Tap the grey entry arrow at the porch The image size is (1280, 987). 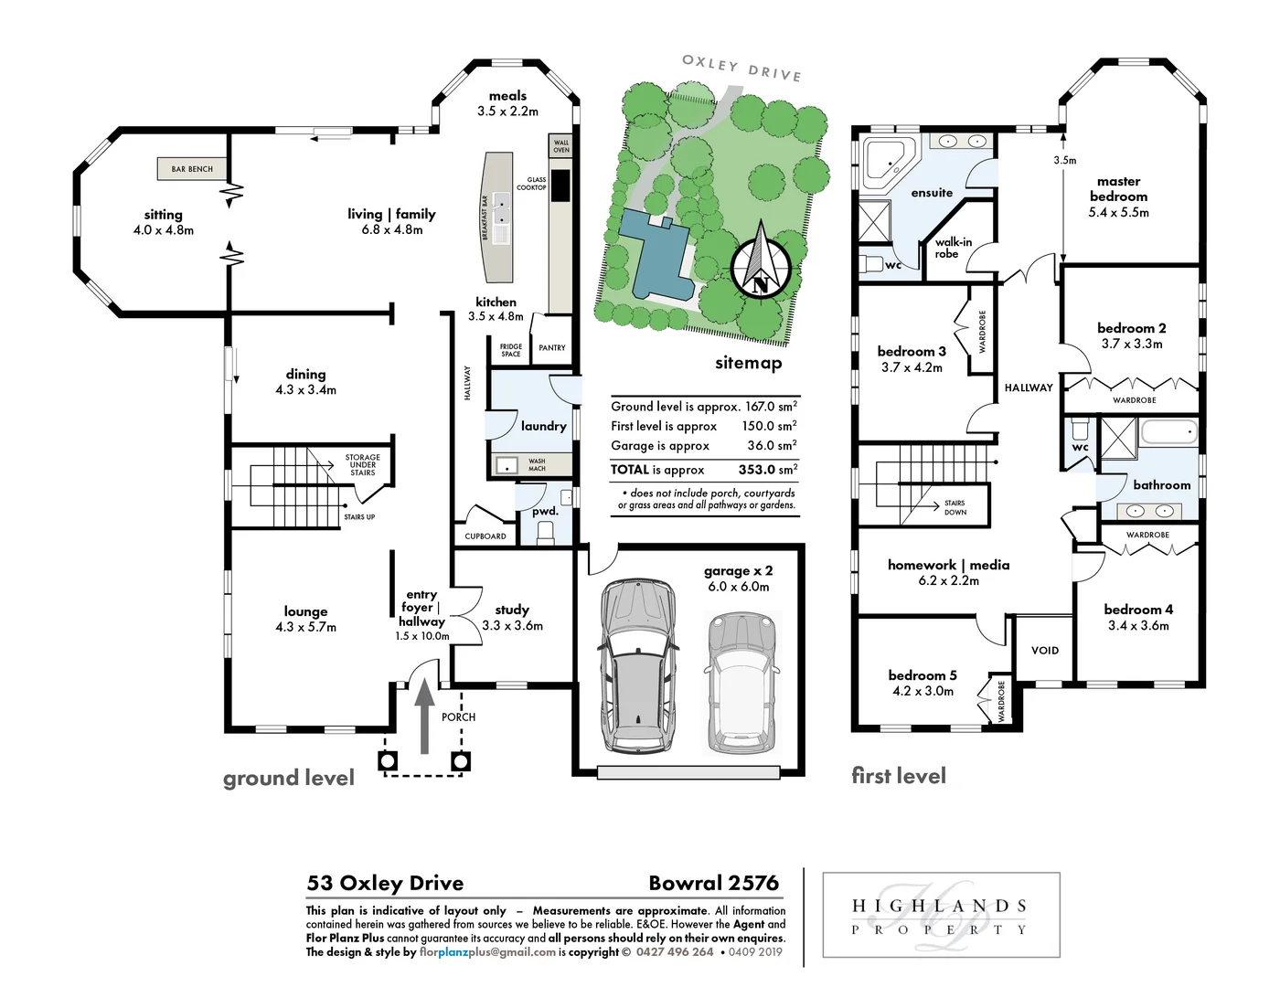424,716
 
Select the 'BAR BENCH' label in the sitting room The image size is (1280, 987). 192,169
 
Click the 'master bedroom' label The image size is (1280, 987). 1118,189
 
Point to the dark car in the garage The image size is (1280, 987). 639,662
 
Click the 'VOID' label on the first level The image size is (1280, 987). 1044,651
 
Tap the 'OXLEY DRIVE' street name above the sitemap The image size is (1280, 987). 741,68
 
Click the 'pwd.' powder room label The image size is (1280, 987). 545,511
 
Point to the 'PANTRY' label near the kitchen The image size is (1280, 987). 552,348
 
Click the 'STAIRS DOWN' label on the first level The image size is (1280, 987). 955,508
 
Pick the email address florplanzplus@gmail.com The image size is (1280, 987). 487,951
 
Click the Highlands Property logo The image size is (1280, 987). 941,916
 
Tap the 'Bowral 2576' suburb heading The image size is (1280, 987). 713,883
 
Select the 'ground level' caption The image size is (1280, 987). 289,778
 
